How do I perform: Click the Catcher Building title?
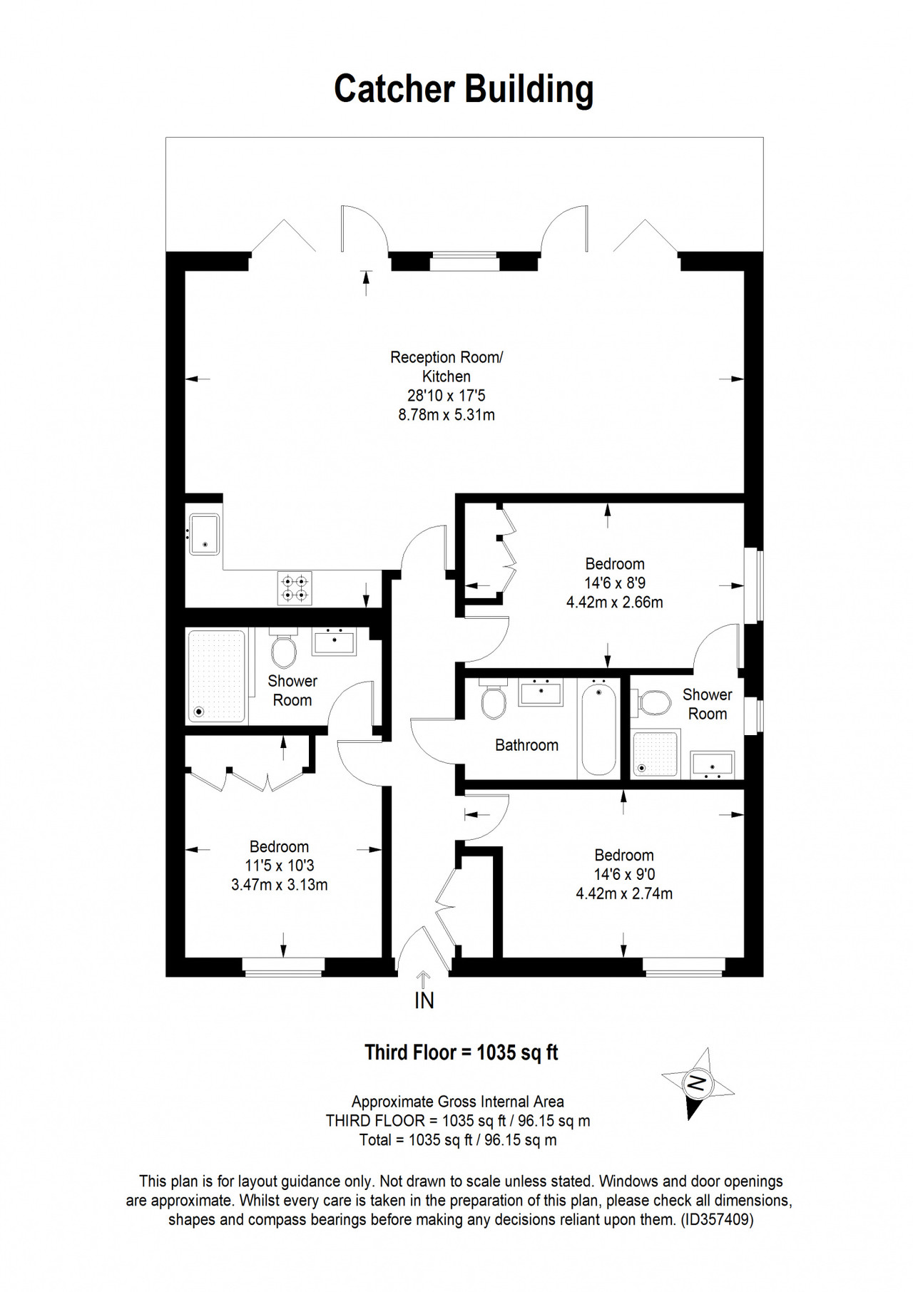tap(464, 90)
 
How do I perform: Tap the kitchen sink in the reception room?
tap(205, 533)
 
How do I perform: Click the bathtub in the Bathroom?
tap(598, 727)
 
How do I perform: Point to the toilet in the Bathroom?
tap(493, 698)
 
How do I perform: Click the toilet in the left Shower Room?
tap(284, 646)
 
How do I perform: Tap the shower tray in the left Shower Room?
tap(217, 675)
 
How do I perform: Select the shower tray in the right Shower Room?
tap(655, 754)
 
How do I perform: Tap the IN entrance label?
tap(424, 1001)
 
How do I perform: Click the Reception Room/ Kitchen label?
tap(447, 366)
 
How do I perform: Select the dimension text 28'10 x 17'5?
tap(447, 395)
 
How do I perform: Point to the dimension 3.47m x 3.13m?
tap(280, 885)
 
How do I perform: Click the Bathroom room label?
tap(526, 745)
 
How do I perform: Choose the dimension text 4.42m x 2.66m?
tap(615, 603)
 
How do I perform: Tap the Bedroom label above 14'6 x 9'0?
tap(624, 855)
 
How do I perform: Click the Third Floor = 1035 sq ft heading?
tap(461, 1052)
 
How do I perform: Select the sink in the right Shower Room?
tap(712, 765)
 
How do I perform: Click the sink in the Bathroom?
tap(541, 692)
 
